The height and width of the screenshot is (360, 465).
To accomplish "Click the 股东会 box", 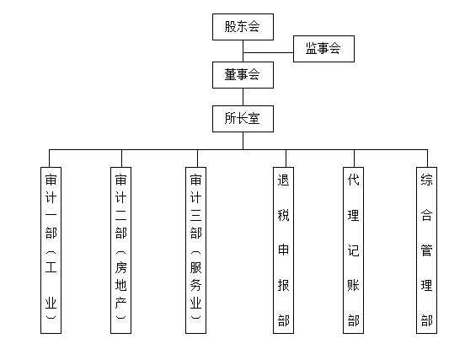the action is pos(243,27).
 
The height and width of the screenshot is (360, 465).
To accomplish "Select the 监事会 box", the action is pos(323,49).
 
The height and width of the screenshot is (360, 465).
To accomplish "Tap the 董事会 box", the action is pos(243,75).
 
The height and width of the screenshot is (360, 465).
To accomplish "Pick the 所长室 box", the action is pos(243,119).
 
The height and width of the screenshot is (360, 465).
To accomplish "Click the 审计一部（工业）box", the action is pos(51,250).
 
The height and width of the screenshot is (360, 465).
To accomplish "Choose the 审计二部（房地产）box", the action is pos(121,250).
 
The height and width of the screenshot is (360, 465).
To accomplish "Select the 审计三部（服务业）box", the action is pos(196,250).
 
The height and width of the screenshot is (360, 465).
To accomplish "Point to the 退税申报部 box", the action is pos(284,250).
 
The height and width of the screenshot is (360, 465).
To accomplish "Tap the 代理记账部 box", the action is pos(354,250).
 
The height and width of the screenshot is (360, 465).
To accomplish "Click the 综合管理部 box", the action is pos(427,250).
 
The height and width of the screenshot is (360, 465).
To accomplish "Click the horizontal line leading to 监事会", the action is pos(269,53).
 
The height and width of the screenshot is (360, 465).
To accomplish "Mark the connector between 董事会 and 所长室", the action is pos(243,97).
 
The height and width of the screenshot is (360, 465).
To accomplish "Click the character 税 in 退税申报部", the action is pos(284,215).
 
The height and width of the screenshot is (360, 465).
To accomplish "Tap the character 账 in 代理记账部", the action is pos(354,285).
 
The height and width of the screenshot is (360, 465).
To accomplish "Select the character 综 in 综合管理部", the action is pos(427,180).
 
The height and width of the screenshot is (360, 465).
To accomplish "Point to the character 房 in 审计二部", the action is pos(121,267).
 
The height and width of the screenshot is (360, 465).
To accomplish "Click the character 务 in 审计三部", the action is pos(196,285).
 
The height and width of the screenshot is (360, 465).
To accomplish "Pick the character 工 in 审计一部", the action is pos(51,266).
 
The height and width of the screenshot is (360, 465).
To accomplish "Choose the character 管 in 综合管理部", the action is pos(427,250).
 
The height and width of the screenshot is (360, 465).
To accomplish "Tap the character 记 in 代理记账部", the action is pos(354,250).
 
